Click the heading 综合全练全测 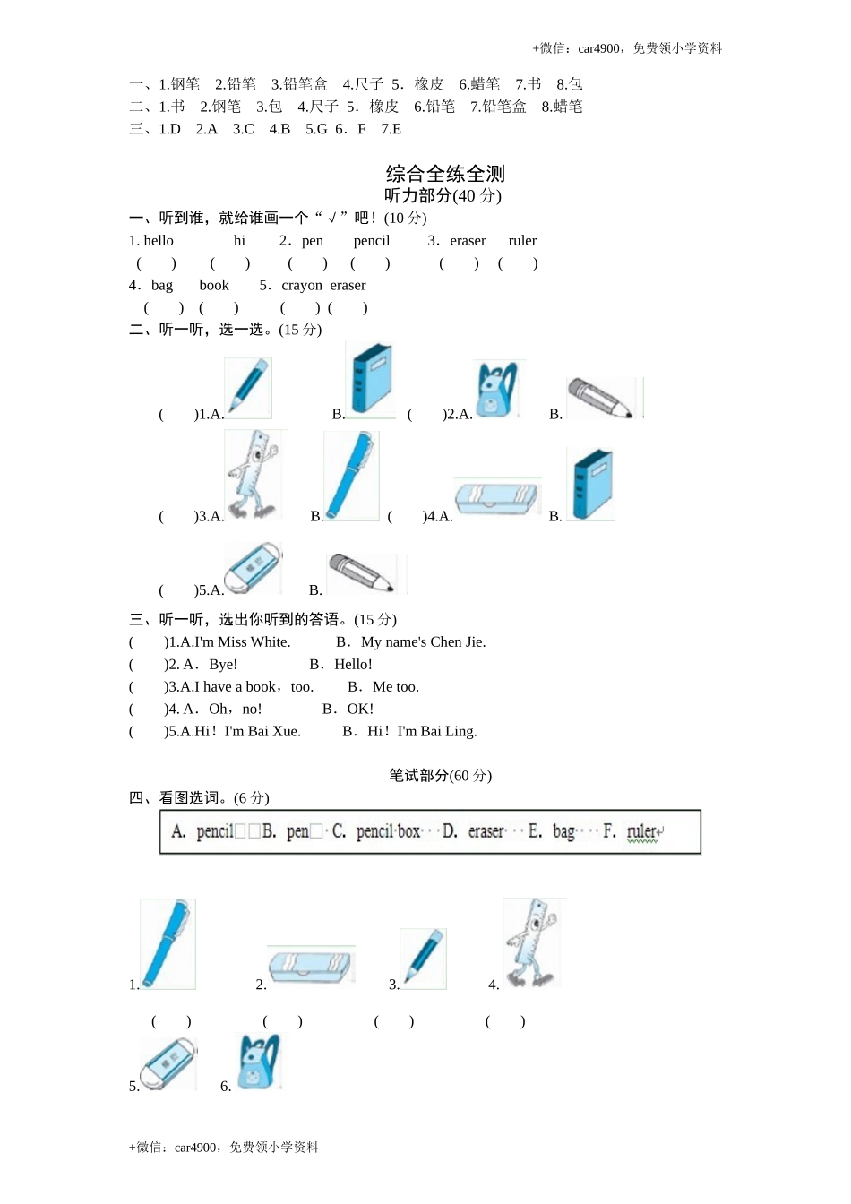point(445,173)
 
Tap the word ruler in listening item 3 point(522,240)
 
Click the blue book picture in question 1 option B point(371,379)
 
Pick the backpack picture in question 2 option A point(498,389)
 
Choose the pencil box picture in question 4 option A point(496,497)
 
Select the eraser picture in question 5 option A point(253,568)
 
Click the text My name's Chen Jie point(423,641)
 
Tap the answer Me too point(395,686)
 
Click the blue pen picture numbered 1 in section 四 point(168,943)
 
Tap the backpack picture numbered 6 point(260,1062)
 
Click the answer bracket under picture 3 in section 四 point(393,1021)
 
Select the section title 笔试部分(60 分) point(440,775)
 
